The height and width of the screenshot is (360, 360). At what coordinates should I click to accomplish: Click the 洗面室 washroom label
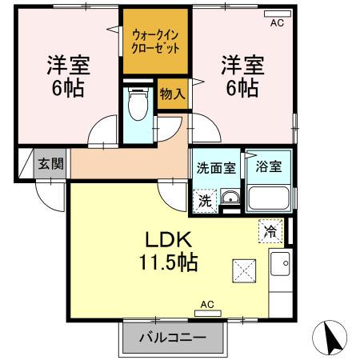pos(216,168)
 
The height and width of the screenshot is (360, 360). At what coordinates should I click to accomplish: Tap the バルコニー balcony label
pos(173,338)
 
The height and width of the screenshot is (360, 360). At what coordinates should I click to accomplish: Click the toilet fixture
pos(138,106)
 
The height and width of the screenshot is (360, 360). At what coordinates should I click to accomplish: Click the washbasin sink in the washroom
pos(230,199)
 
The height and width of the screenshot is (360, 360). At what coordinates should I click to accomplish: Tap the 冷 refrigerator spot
pos(270,232)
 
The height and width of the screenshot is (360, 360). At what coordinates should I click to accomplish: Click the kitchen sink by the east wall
pos(282,262)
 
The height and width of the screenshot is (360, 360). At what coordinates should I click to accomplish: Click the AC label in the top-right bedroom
pos(276,22)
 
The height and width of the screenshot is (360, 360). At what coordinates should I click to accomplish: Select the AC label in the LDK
pos(207,305)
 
